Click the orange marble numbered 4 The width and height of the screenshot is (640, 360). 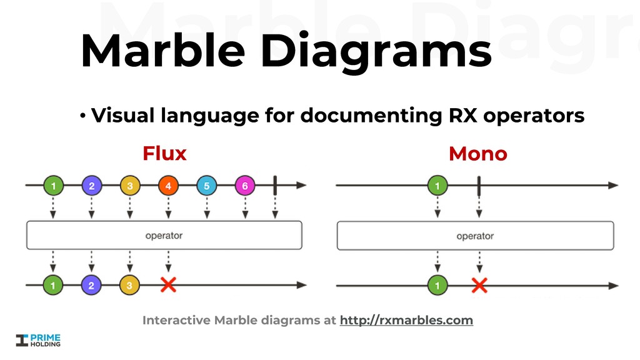(x=168, y=186)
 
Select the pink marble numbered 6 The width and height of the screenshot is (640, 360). (x=245, y=186)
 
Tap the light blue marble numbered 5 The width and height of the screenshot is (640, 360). (x=206, y=186)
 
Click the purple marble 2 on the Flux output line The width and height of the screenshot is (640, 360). (x=91, y=286)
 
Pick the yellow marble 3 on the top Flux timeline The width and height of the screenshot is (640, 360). (x=130, y=186)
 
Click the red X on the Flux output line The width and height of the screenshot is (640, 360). (x=168, y=286)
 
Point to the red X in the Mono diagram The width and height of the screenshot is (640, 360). (x=479, y=286)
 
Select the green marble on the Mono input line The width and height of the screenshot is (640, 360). (x=437, y=186)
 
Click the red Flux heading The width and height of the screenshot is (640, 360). (x=164, y=153)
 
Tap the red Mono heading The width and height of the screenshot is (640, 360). (x=477, y=154)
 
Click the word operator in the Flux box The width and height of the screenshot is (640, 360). (x=164, y=236)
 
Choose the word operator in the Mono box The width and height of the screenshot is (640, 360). (x=475, y=236)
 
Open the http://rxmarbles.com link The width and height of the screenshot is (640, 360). (x=406, y=321)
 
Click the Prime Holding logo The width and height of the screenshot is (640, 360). (x=38, y=340)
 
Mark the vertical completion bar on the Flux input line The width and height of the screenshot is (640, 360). (x=275, y=185)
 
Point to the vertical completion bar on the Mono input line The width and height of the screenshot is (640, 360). (x=479, y=186)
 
